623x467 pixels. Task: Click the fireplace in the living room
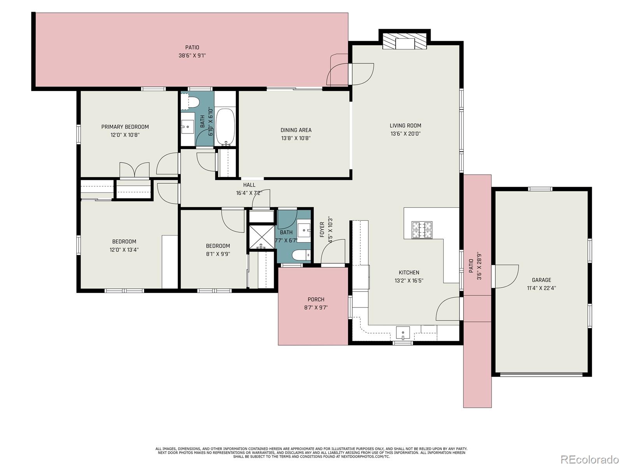405,42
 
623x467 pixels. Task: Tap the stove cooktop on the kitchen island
422,229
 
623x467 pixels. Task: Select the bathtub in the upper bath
225,127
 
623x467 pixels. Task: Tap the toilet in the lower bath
301,255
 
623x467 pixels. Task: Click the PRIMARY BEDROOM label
125,127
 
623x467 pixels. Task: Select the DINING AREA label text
296,130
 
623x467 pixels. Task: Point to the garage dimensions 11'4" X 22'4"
542,288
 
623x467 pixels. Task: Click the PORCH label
316,299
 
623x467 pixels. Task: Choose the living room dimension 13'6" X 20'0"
405,133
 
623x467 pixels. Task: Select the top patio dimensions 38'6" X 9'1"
192,55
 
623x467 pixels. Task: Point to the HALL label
249,185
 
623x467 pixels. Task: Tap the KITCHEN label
409,272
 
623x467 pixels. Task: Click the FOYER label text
322,230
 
